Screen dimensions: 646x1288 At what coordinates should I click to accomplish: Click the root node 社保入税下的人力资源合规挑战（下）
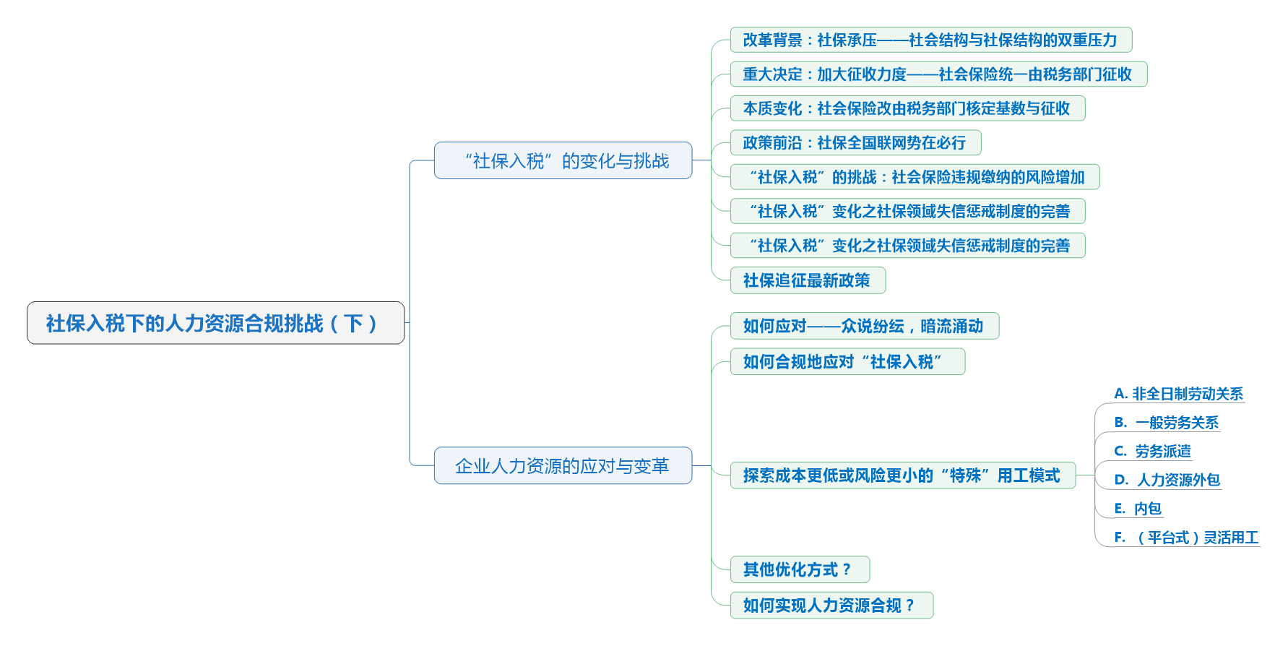click(x=215, y=323)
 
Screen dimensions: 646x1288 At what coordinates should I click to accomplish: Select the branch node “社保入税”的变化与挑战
click(x=563, y=160)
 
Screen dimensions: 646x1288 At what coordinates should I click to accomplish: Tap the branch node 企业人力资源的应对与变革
click(x=563, y=465)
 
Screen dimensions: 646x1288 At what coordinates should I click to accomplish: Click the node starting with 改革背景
click(x=930, y=40)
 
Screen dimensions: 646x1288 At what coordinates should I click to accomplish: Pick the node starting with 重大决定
click(x=938, y=74)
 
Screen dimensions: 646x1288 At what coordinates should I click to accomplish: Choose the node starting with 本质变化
click(x=907, y=108)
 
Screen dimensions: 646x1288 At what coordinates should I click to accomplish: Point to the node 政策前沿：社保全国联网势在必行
click(x=855, y=142)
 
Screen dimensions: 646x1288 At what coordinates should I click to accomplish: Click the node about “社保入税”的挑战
click(x=914, y=177)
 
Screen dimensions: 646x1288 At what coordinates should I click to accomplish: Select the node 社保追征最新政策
click(x=807, y=280)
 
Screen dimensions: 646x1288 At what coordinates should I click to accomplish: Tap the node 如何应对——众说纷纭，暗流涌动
click(x=864, y=326)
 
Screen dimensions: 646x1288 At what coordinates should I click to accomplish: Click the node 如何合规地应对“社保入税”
click(x=847, y=361)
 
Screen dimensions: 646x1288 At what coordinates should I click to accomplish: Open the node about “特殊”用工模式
click(x=902, y=475)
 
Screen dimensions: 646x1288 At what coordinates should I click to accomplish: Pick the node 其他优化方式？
click(x=799, y=569)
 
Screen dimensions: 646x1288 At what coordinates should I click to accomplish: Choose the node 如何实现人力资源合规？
click(x=831, y=605)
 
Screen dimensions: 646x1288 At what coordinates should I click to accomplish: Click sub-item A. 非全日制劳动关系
click(x=1178, y=394)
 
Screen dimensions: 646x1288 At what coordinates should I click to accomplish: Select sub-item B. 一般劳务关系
click(x=1166, y=422)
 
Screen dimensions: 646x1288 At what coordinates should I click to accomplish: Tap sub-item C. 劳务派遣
click(x=1152, y=451)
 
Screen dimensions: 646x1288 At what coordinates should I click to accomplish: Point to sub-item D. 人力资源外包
click(x=1167, y=480)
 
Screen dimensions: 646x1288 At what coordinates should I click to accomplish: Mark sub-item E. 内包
click(x=1138, y=509)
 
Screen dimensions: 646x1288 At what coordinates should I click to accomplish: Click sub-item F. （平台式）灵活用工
click(x=1186, y=537)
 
